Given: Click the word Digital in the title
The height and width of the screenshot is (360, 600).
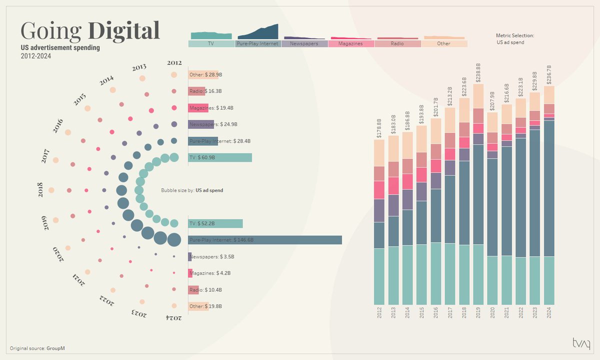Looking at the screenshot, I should click(x=124, y=31).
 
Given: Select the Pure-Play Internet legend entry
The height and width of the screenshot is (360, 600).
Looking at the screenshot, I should click(x=258, y=44).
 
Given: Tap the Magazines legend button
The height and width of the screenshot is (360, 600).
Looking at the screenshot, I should click(x=351, y=44).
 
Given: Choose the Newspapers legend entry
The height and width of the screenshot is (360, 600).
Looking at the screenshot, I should click(x=304, y=44).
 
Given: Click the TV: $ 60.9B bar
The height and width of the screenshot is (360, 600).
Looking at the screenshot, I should click(x=220, y=157).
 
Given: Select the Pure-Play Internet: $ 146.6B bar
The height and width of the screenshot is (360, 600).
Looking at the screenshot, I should click(x=265, y=240).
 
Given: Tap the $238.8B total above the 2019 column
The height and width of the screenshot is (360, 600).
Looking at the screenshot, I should click(x=478, y=72).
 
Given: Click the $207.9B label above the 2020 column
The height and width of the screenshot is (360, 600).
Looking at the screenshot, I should click(x=492, y=101).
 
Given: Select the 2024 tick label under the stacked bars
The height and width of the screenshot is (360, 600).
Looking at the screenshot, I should click(x=549, y=313).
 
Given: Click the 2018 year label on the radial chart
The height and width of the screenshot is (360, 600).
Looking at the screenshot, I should click(x=40, y=190).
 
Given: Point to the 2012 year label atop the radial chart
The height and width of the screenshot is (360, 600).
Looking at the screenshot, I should click(x=174, y=63).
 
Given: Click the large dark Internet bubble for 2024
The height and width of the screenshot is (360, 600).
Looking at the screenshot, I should click(x=174, y=240).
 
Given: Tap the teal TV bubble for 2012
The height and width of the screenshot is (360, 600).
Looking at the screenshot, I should click(x=174, y=157).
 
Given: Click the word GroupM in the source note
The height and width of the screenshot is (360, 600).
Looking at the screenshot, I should click(x=56, y=348).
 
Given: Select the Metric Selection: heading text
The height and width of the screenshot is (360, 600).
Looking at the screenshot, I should click(x=515, y=35).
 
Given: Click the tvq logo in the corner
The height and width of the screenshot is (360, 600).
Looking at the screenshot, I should click(x=581, y=343).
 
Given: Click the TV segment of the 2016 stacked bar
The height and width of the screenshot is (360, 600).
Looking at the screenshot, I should click(x=436, y=273).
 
